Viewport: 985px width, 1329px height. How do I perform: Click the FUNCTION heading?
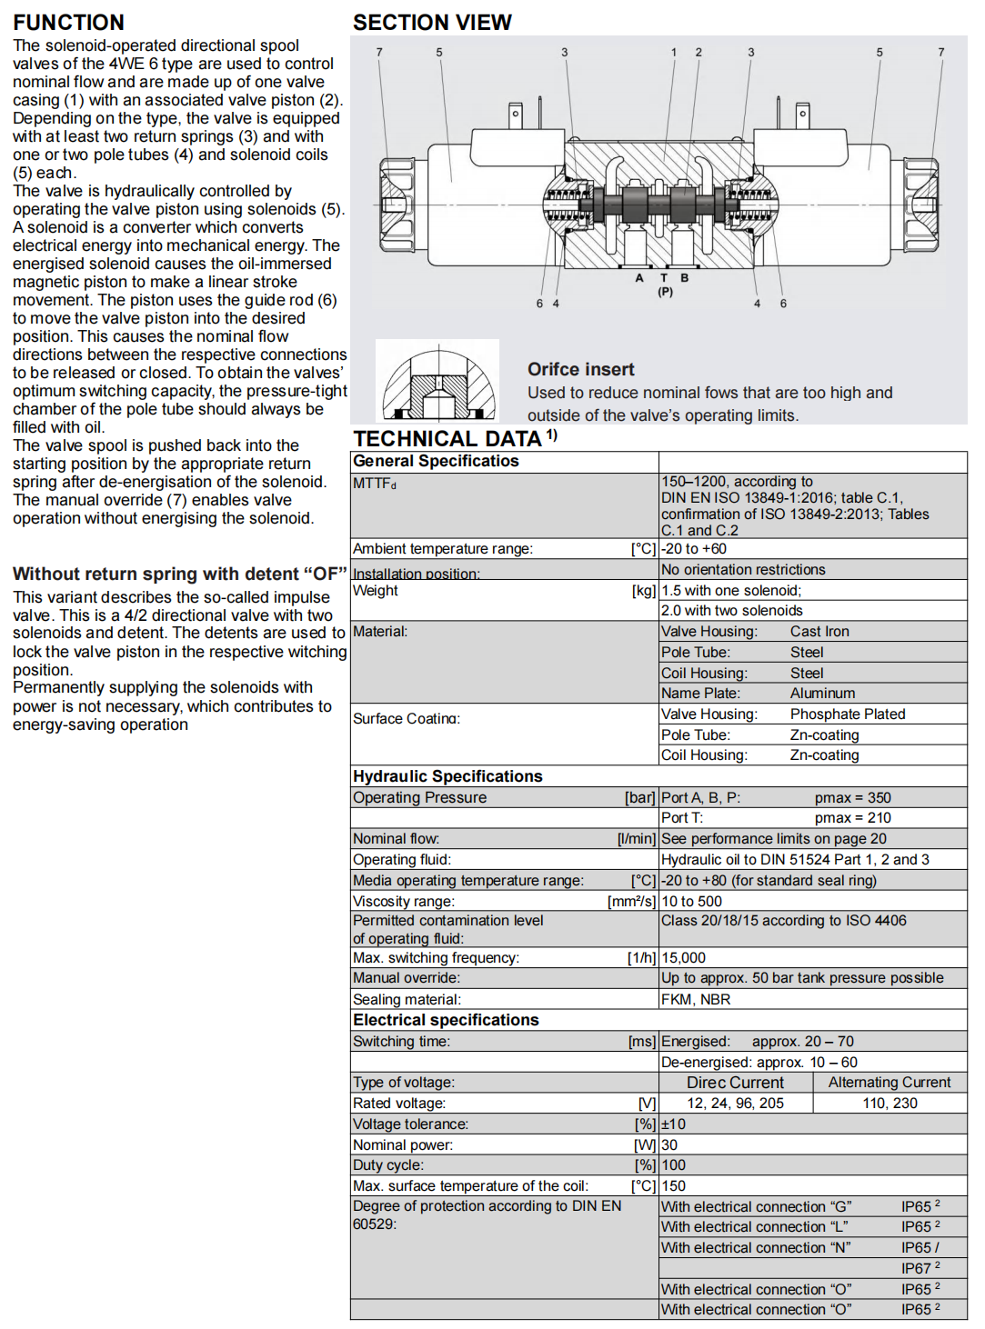tap(68, 23)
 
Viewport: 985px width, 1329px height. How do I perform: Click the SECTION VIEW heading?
tap(432, 23)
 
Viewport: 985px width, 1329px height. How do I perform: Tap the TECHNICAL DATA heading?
tap(447, 439)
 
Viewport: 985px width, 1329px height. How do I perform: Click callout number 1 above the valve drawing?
tap(674, 53)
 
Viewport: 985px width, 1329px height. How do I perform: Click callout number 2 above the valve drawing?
tap(699, 53)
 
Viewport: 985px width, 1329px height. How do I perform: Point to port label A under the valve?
tap(639, 278)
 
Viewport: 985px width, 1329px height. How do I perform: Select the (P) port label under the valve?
tap(665, 292)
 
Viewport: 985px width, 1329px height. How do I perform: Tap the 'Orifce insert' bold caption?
tap(580, 370)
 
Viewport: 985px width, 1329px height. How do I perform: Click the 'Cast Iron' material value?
tap(819, 632)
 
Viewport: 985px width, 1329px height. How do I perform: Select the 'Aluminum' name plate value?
tap(822, 694)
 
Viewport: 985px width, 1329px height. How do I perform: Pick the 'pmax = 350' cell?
tap(852, 798)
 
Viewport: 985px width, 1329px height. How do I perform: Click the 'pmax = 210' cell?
tap(852, 818)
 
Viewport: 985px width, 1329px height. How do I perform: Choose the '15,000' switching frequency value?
tap(683, 958)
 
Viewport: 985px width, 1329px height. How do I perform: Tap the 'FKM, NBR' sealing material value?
tap(696, 1000)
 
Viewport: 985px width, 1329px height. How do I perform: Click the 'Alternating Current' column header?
tap(889, 1083)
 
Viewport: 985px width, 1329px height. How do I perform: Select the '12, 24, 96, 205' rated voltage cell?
tap(735, 1104)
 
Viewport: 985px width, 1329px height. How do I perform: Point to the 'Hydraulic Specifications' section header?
tap(447, 776)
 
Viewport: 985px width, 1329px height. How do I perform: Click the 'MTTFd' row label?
tap(375, 484)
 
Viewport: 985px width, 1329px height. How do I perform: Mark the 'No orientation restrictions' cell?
tap(743, 570)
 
